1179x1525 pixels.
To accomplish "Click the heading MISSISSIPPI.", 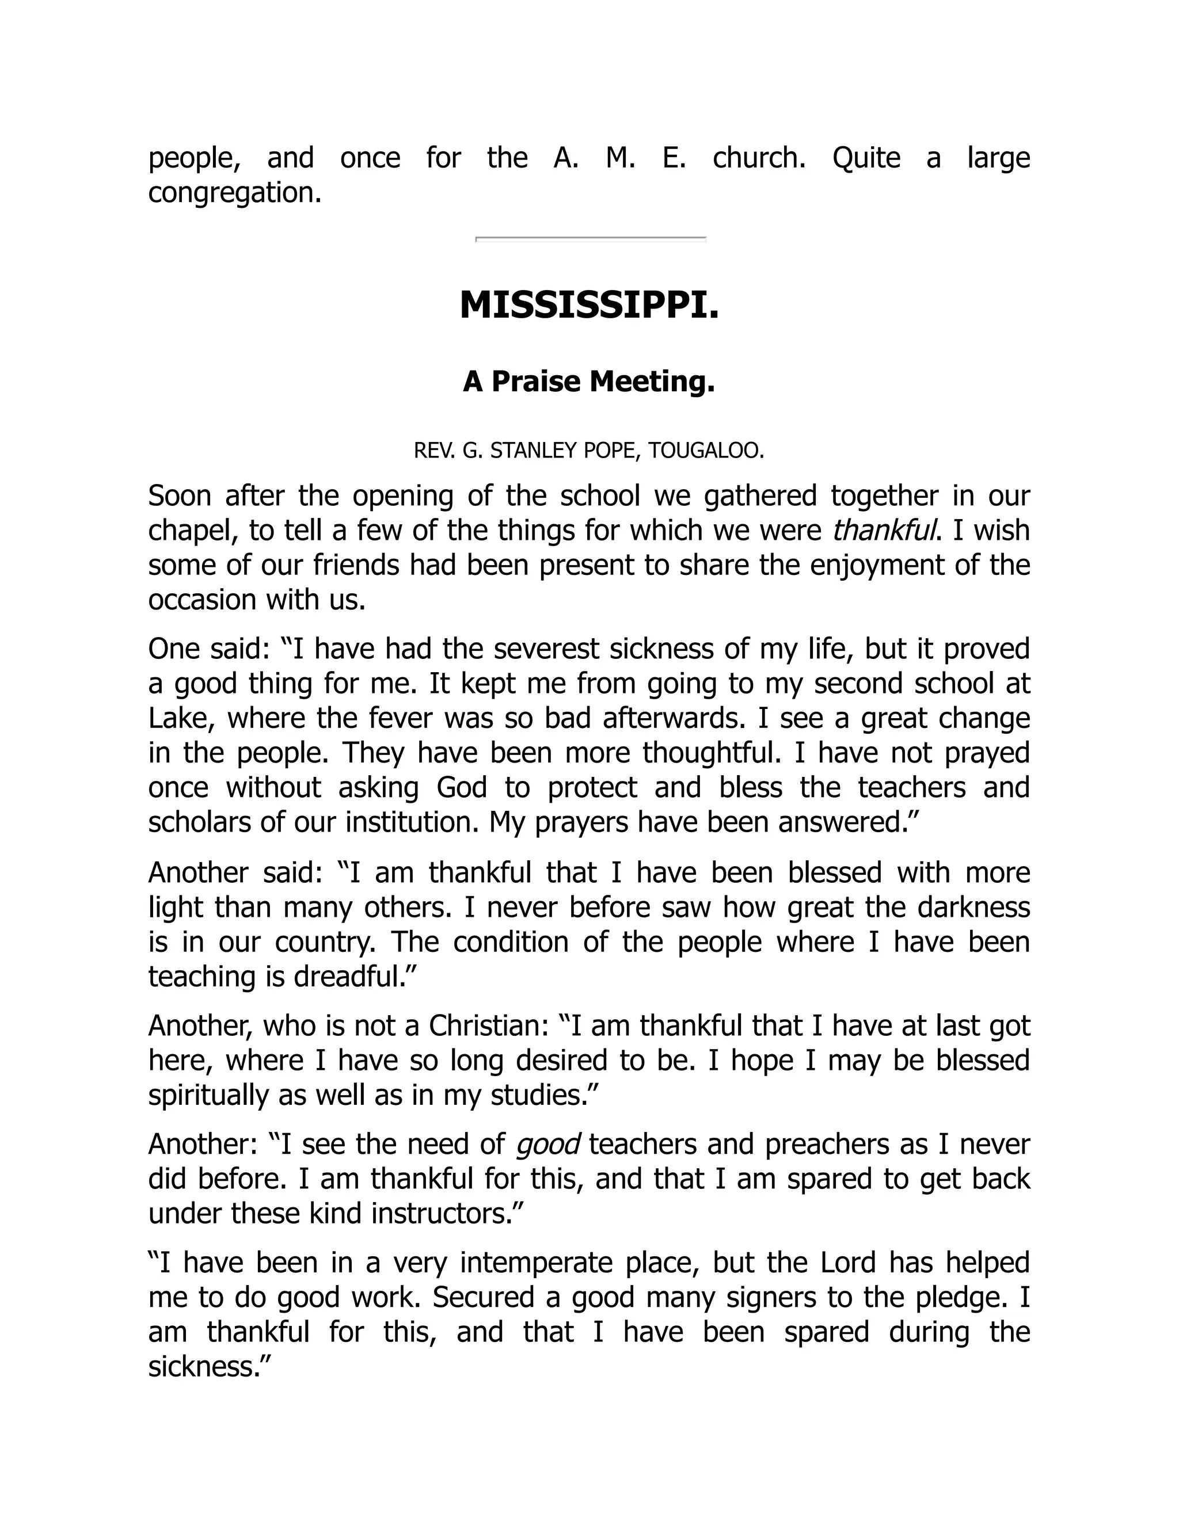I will [x=589, y=306].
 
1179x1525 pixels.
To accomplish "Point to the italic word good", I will [x=547, y=1145].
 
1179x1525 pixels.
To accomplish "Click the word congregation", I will [x=234, y=193].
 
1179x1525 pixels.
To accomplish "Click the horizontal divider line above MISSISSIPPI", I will [x=590, y=239].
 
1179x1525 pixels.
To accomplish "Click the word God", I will [x=461, y=788].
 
